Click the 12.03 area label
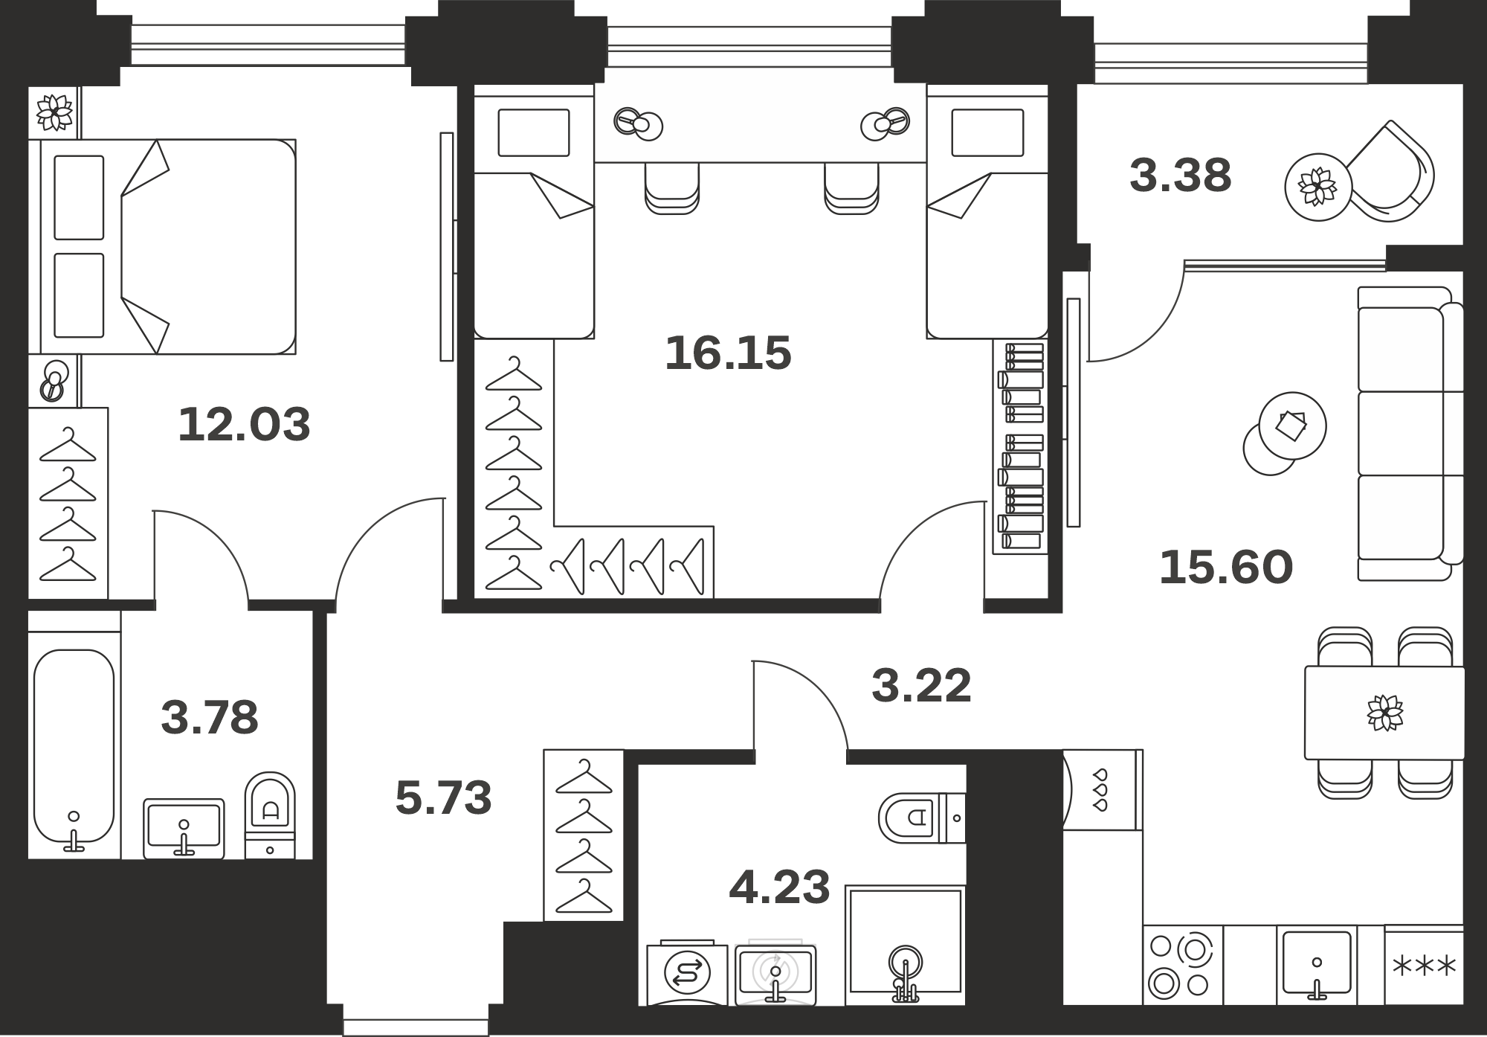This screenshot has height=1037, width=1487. [x=244, y=424]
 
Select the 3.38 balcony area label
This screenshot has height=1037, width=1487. [x=1180, y=176]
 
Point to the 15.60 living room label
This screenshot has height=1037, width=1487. [x=1226, y=567]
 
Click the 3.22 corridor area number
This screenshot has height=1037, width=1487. [x=921, y=686]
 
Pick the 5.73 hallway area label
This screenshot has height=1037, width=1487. [x=443, y=797]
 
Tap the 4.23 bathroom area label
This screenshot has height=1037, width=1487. [x=779, y=887]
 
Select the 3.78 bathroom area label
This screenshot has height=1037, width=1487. [x=210, y=717]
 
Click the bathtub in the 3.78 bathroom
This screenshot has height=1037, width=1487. [x=74, y=751]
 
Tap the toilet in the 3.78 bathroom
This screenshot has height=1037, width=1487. [x=270, y=815]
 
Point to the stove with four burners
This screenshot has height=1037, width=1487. [x=1182, y=966]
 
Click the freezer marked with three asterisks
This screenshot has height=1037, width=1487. [x=1424, y=966]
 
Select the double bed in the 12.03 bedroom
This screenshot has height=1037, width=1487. [x=162, y=246]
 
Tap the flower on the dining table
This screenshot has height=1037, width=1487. [x=1385, y=713]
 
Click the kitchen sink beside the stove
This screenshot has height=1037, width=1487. [x=1317, y=966]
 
